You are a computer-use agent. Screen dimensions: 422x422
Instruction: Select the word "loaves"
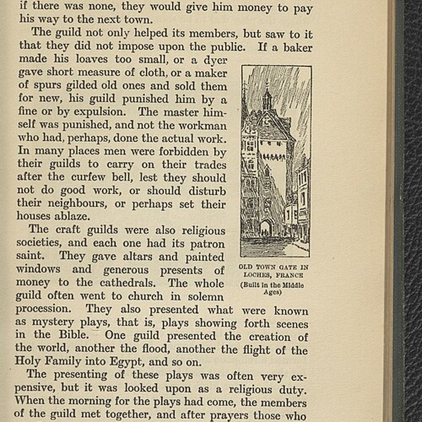[x=84, y=59]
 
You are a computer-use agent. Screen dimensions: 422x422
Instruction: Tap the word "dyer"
[x=214, y=59]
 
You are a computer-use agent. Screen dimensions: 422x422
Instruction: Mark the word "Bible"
[x=71, y=335]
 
